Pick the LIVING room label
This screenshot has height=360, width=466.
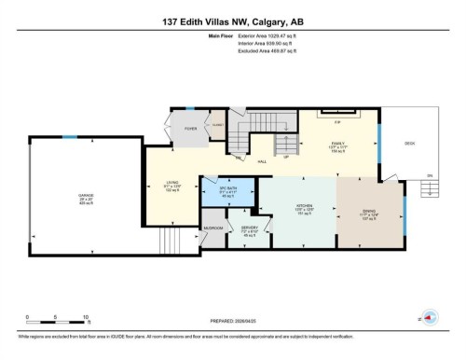coord(171,184)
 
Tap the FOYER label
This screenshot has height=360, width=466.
coord(189,129)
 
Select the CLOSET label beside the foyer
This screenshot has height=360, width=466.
coord(217,122)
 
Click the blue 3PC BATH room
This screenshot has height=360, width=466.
coord(229,190)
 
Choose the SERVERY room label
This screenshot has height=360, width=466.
coord(249,228)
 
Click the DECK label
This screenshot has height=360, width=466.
coord(409,143)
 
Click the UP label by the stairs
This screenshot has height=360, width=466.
coord(286,157)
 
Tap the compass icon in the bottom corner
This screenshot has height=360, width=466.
coord(432,316)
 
